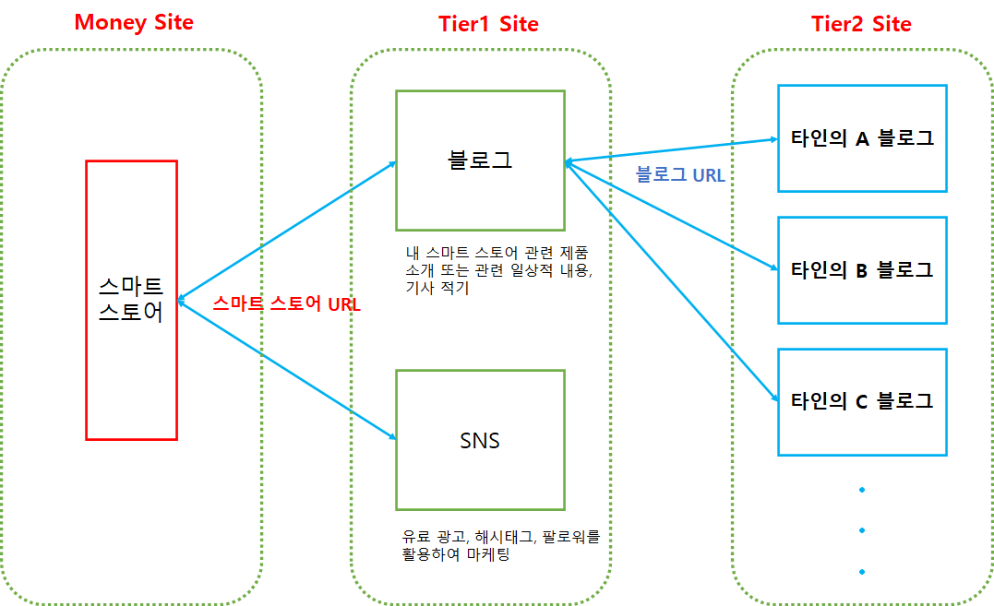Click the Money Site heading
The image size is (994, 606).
pos(134,22)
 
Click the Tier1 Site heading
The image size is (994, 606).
pos(488,24)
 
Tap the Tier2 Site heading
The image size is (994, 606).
pos(861,24)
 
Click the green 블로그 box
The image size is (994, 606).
pos(479,160)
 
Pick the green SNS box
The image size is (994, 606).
pos(479,440)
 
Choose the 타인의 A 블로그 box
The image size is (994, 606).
pos(862,138)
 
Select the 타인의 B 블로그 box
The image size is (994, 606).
pos(862,270)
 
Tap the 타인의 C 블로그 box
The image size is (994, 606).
pos(862,401)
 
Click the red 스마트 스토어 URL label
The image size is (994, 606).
pos(286,303)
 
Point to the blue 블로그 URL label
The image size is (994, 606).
pos(680,174)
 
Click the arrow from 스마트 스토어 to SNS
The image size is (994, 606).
pos(286,368)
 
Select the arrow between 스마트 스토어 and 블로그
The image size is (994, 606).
pos(286,232)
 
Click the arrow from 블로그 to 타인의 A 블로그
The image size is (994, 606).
pos(669,151)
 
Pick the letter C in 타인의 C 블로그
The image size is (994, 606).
pos(863,401)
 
